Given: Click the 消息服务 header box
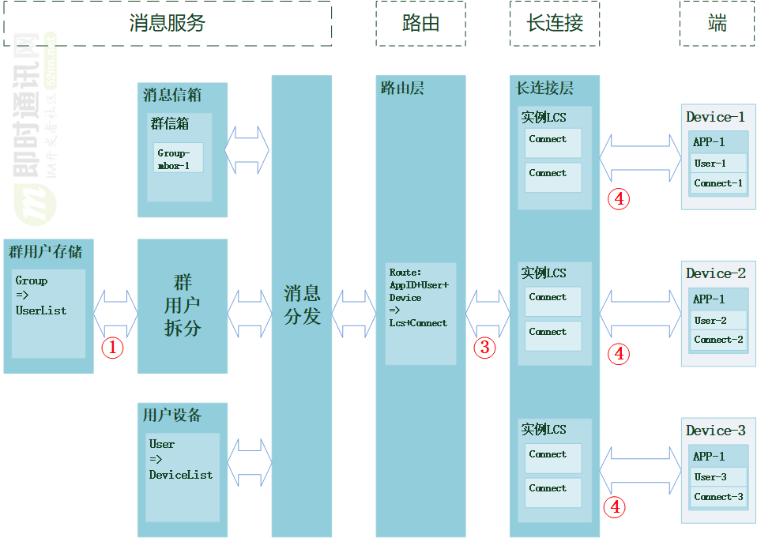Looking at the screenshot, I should pyautogui.click(x=167, y=23).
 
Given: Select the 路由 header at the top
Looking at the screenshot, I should pyautogui.click(x=420, y=23).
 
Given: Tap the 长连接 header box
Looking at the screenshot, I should pyautogui.click(x=555, y=23).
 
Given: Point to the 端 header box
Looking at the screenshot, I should pyautogui.click(x=717, y=23).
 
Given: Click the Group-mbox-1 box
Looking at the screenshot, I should pyautogui.click(x=178, y=158).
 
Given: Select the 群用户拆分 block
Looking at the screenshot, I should pyautogui.click(x=183, y=306).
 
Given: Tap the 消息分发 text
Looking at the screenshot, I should pyautogui.click(x=302, y=306).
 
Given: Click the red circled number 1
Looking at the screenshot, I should pyautogui.click(x=112, y=347).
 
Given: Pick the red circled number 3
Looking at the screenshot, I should pyautogui.click(x=484, y=346).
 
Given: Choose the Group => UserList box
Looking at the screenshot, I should pyautogui.click(x=48, y=313).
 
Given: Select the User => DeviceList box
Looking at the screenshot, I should pyautogui.click(x=183, y=476).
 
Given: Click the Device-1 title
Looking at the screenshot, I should pyautogui.click(x=715, y=117).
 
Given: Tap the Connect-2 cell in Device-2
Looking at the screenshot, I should pyautogui.click(x=718, y=340).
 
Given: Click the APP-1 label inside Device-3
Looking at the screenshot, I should pyautogui.click(x=709, y=456).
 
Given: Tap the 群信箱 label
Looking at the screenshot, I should pyautogui.click(x=170, y=124).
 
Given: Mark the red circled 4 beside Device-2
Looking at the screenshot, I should pyautogui.click(x=619, y=354).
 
